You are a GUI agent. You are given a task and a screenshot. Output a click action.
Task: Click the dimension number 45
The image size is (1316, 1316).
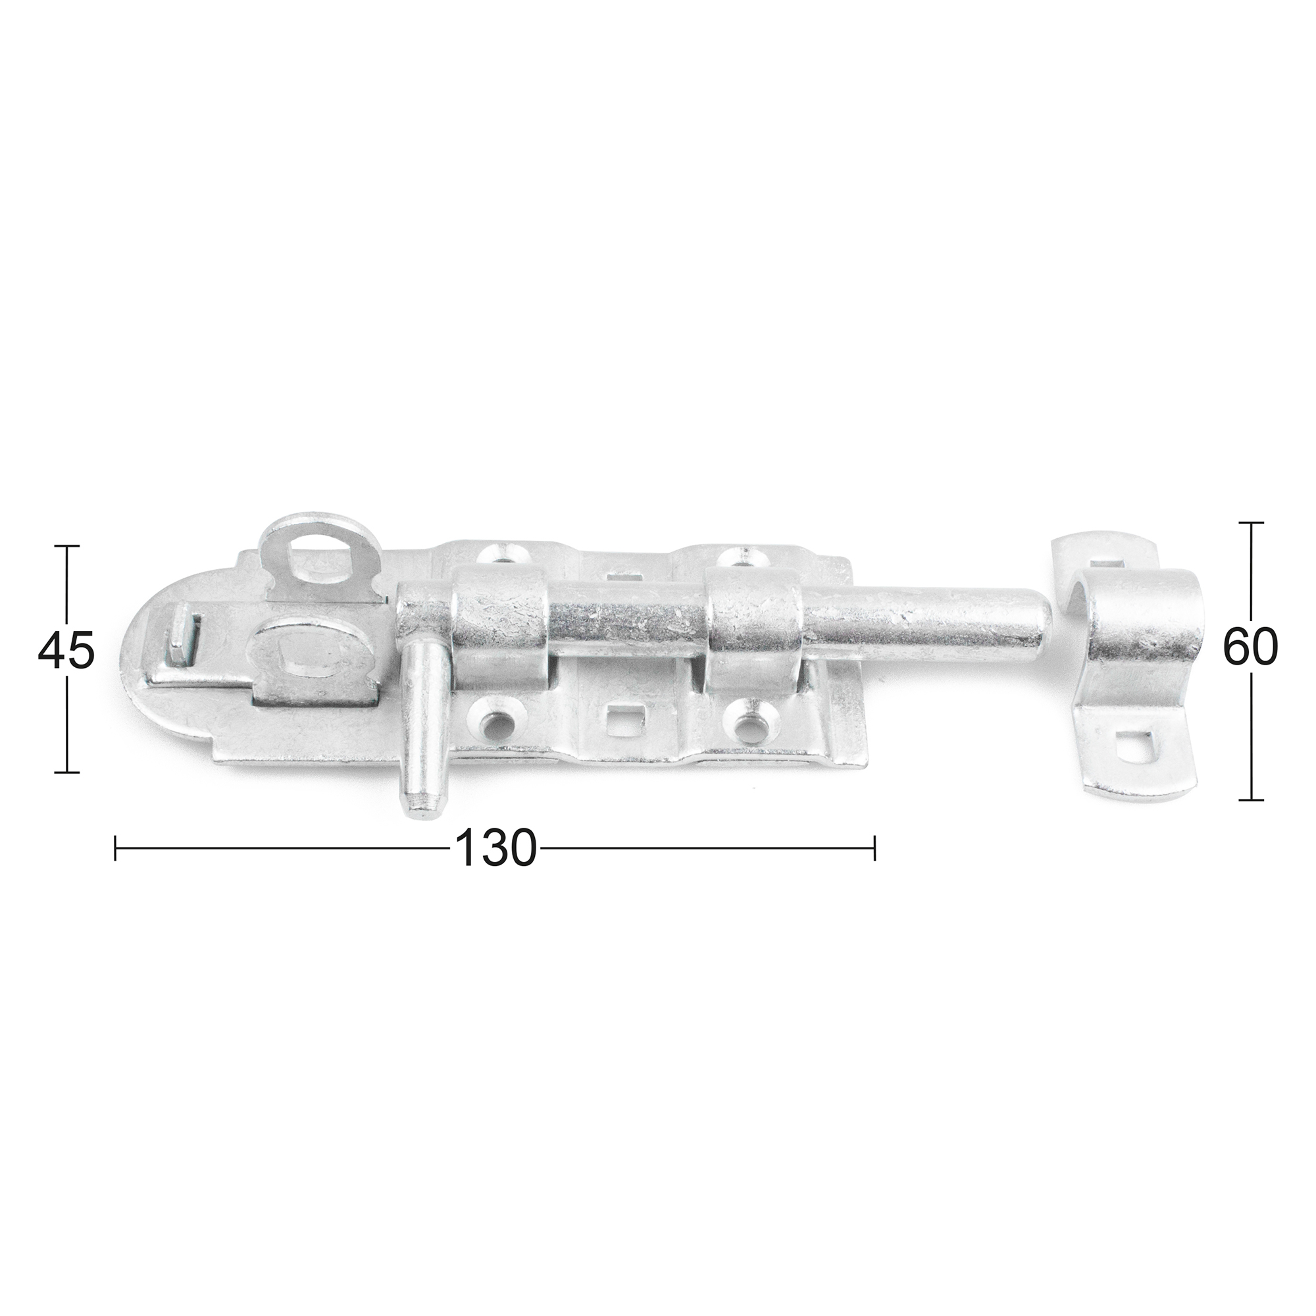click(65, 651)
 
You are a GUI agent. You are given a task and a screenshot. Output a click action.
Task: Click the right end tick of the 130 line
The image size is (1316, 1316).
click(874, 848)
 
